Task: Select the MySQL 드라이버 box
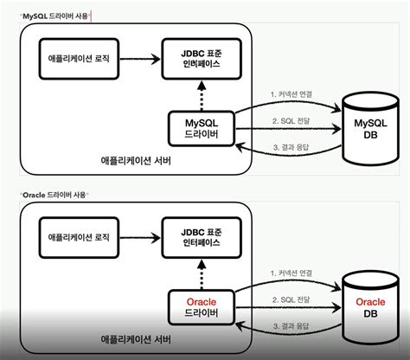(201, 130)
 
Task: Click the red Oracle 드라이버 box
(201, 307)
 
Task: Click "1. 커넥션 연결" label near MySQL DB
(291, 93)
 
